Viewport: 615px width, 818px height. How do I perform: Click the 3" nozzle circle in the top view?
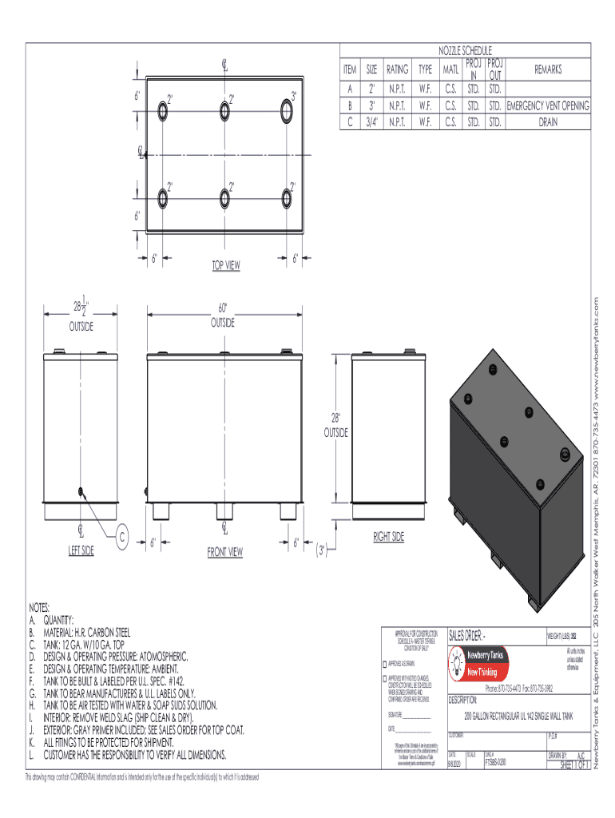click(x=287, y=109)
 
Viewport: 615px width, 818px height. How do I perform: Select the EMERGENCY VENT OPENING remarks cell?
click(x=549, y=105)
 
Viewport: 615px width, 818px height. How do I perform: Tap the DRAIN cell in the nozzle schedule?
click(x=549, y=122)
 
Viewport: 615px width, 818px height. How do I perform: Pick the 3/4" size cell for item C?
click(x=371, y=122)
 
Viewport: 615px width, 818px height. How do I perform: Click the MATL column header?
click(x=450, y=69)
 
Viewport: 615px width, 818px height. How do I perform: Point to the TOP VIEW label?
click(x=225, y=265)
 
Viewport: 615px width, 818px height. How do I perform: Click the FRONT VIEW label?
click(x=225, y=551)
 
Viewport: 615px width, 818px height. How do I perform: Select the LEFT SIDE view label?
click(x=81, y=550)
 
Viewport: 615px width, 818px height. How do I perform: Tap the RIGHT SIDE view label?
click(x=389, y=537)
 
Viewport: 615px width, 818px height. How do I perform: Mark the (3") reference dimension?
click(x=321, y=550)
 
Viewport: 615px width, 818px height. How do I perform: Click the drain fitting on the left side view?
click(x=81, y=491)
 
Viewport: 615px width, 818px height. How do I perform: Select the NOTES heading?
click(x=41, y=608)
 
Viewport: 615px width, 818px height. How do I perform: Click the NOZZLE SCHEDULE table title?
click(x=465, y=50)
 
